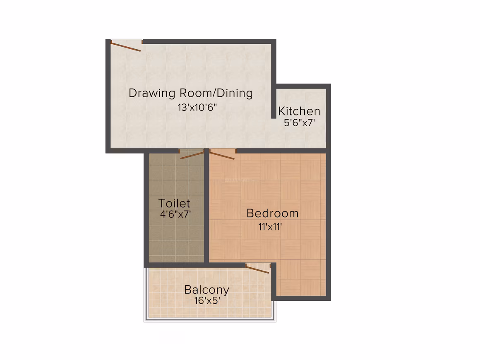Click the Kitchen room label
(299, 111)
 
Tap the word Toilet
(174, 203)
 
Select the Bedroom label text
(272, 214)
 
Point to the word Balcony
(206, 290)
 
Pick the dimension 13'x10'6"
(197, 108)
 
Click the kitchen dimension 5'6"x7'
(300, 123)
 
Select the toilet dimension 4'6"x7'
(175, 214)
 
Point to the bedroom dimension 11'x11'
(270, 227)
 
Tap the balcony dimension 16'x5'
(207, 300)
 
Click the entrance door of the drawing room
(125, 46)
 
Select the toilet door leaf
(192, 155)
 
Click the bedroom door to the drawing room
(222, 155)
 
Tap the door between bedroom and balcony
(257, 269)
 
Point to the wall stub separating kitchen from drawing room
(274, 101)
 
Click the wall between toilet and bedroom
(206, 207)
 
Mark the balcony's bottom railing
(210, 319)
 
